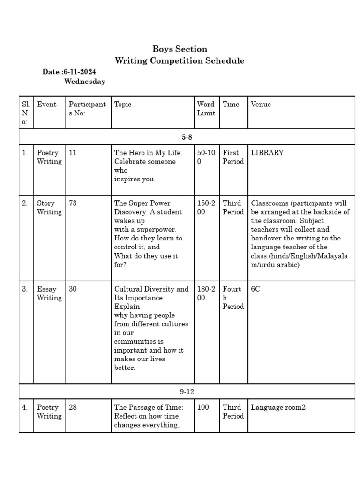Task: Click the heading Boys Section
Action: pyautogui.click(x=180, y=49)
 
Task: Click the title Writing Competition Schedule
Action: pyautogui.click(x=180, y=61)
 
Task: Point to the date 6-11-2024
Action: pyautogui.click(x=80, y=72)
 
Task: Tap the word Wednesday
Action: pyautogui.click(x=85, y=82)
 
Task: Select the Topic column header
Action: pyautogui.click(x=123, y=105)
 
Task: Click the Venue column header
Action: pyautogui.click(x=261, y=105)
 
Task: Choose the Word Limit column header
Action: pyautogui.click(x=206, y=109)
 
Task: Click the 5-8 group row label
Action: pyautogui.click(x=187, y=137)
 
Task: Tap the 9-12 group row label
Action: pyautogui.click(x=187, y=391)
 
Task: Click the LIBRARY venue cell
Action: pyautogui.click(x=267, y=153)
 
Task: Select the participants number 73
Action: pyautogui.click(x=73, y=203)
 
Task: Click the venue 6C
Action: pyautogui.click(x=255, y=289)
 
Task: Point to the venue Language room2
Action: pyautogui.click(x=278, y=407)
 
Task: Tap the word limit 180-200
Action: pyautogui.click(x=206, y=293)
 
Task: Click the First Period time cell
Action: pyautogui.click(x=233, y=157)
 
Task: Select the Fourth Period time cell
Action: pyautogui.click(x=233, y=298)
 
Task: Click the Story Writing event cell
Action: pyautogui.click(x=49, y=208)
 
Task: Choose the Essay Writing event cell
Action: pyautogui.click(x=49, y=293)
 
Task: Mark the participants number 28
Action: pyautogui.click(x=73, y=407)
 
